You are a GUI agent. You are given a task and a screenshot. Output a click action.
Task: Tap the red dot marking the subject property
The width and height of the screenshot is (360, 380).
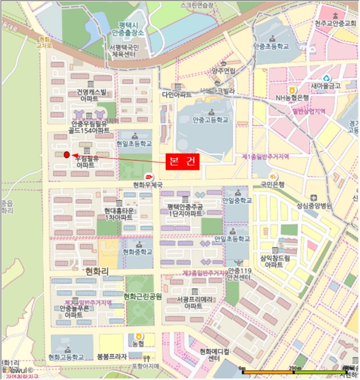[x=67, y=155]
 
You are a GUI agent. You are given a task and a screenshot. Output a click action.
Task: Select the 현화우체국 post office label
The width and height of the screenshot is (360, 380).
[x=148, y=185]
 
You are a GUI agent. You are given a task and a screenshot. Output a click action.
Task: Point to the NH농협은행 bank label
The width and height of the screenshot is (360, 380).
[x=292, y=98]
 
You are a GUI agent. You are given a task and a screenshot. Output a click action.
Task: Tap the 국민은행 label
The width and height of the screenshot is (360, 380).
[x=272, y=184]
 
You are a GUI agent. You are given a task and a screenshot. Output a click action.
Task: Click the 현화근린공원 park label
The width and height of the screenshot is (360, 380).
[x=142, y=296]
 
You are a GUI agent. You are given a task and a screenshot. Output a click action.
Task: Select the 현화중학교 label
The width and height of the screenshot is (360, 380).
[x=137, y=252]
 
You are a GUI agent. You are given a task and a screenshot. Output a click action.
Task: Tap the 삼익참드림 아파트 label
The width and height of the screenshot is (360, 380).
[x=275, y=261]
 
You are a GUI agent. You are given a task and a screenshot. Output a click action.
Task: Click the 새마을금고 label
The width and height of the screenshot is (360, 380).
[x=326, y=86]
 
